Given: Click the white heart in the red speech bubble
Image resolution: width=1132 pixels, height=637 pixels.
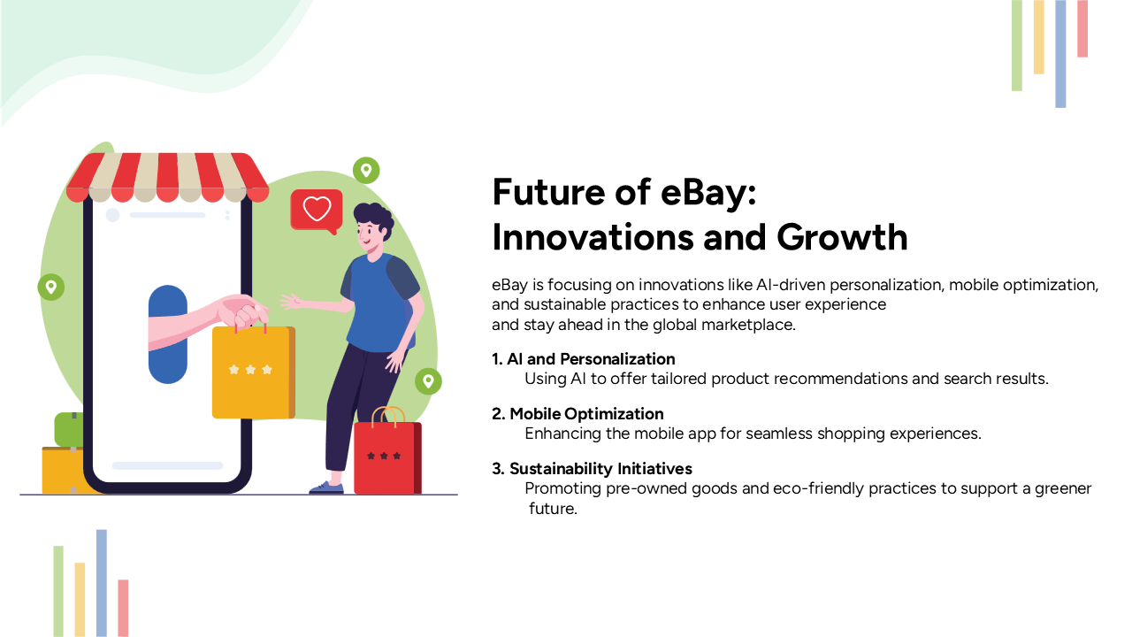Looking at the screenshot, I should pyautogui.click(x=317, y=209).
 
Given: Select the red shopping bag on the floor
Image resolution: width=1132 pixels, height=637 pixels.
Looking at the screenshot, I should pyautogui.click(x=386, y=457).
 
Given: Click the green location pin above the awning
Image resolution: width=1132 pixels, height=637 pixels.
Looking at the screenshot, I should pyautogui.click(x=365, y=170).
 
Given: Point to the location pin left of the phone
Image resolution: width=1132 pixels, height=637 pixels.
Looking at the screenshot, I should pyautogui.click(x=51, y=287).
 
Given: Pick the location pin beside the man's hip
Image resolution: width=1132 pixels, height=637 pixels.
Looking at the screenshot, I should pyautogui.click(x=428, y=381).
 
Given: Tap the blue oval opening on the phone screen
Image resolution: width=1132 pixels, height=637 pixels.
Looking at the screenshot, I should pyautogui.click(x=168, y=334).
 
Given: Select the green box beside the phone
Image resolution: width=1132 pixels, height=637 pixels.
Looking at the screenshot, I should pyautogui.click(x=69, y=429).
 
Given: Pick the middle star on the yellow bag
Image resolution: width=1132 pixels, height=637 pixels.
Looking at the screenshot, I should pyautogui.click(x=250, y=370).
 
